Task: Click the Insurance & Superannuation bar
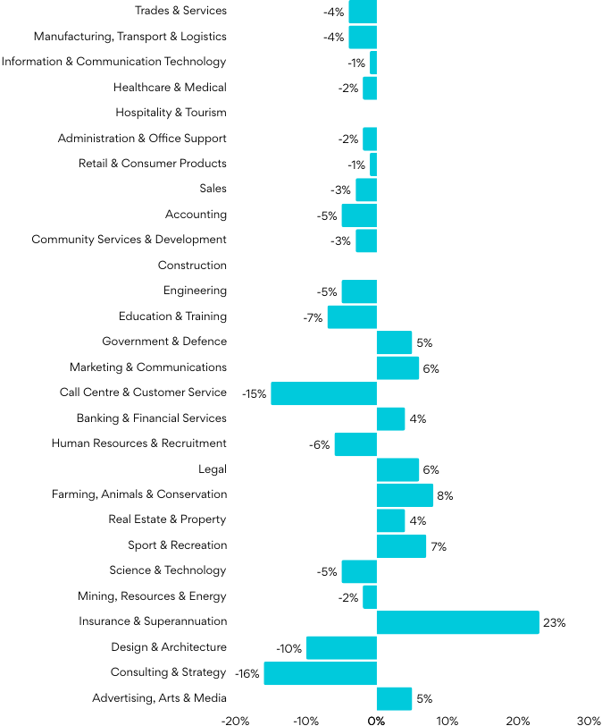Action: pyautogui.click(x=457, y=622)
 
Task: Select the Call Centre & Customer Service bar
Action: pyautogui.click(x=323, y=393)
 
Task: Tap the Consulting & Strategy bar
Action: pyautogui.click(x=320, y=673)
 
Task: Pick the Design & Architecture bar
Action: pyautogui.click(x=341, y=648)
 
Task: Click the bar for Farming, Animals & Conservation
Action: pyautogui.click(x=405, y=495)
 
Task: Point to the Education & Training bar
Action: pyautogui.click(x=352, y=317)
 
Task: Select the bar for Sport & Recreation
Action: pyautogui.click(x=401, y=546)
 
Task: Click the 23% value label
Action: pyautogui.click(x=554, y=623)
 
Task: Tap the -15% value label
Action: pyautogui.click(x=255, y=394)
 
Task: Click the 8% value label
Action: pyautogui.click(x=445, y=496)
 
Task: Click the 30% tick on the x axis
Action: pyautogui.click(x=588, y=720)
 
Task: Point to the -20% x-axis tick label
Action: pyautogui.click(x=235, y=720)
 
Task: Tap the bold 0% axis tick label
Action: pyautogui.click(x=376, y=720)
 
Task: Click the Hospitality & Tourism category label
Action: pyautogui.click(x=171, y=113)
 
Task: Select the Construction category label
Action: pyautogui.click(x=192, y=266)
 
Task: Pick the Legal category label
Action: pyautogui.click(x=213, y=469)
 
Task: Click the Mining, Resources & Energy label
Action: pyautogui.click(x=152, y=596)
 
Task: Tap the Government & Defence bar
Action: pyautogui.click(x=394, y=342)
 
